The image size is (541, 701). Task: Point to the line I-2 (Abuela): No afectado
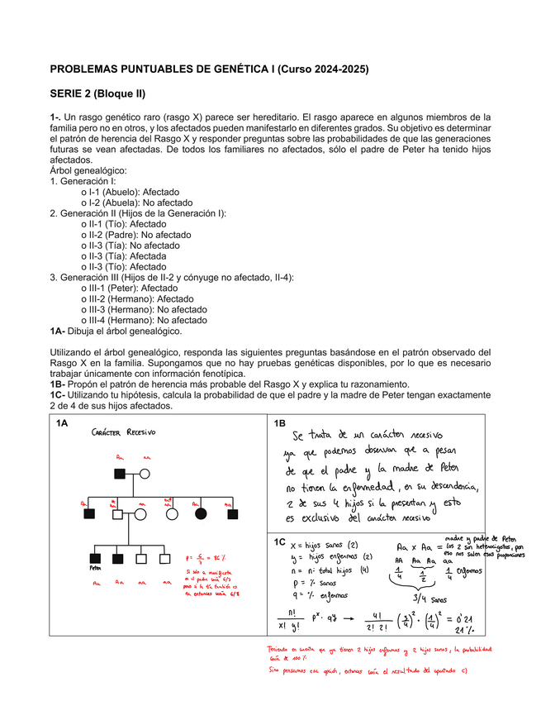[137, 203]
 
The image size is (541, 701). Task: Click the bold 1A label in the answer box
[62, 424]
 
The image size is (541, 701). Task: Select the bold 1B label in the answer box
[280, 424]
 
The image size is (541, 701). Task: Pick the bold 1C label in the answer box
[281, 541]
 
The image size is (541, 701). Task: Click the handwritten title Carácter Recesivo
[123, 432]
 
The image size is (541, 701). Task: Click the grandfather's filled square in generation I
[120, 474]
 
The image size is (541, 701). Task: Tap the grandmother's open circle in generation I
[145, 474]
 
